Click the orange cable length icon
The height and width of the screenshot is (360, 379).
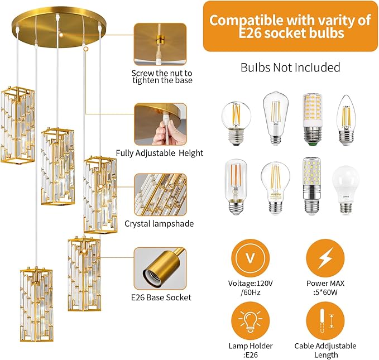[x=325, y=321]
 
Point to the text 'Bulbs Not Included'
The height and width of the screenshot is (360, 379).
[x=290, y=68]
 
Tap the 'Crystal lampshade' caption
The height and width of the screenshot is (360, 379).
[x=159, y=223]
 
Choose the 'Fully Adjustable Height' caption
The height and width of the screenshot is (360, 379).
[x=160, y=153]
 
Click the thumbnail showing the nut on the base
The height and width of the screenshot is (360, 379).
[x=160, y=44]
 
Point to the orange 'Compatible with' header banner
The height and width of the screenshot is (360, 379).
[x=290, y=26]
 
